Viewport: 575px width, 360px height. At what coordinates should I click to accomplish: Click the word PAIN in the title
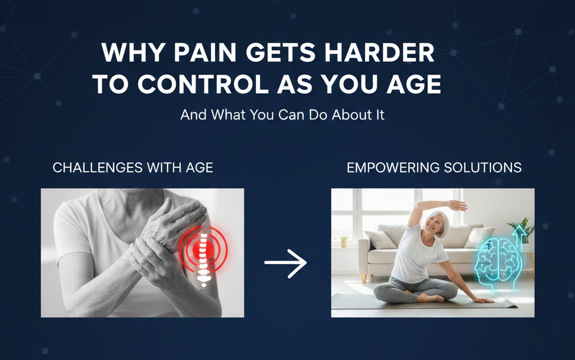point(205,53)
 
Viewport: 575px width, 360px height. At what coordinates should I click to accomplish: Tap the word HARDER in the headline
point(380,53)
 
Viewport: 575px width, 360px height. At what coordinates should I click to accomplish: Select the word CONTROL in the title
point(203,84)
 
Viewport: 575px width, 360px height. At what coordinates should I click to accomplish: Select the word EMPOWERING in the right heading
point(393,167)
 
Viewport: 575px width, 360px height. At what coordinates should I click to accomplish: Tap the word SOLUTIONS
point(482,167)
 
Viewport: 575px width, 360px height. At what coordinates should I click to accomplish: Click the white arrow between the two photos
point(285,263)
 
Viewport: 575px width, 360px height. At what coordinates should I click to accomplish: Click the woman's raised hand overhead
point(458,206)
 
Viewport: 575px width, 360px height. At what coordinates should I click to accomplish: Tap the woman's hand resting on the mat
point(483,300)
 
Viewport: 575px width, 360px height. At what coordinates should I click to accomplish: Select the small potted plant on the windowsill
point(344,241)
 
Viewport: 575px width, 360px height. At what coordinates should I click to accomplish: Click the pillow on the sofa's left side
point(380,239)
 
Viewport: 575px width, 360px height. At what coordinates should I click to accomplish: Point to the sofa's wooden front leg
point(364,278)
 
